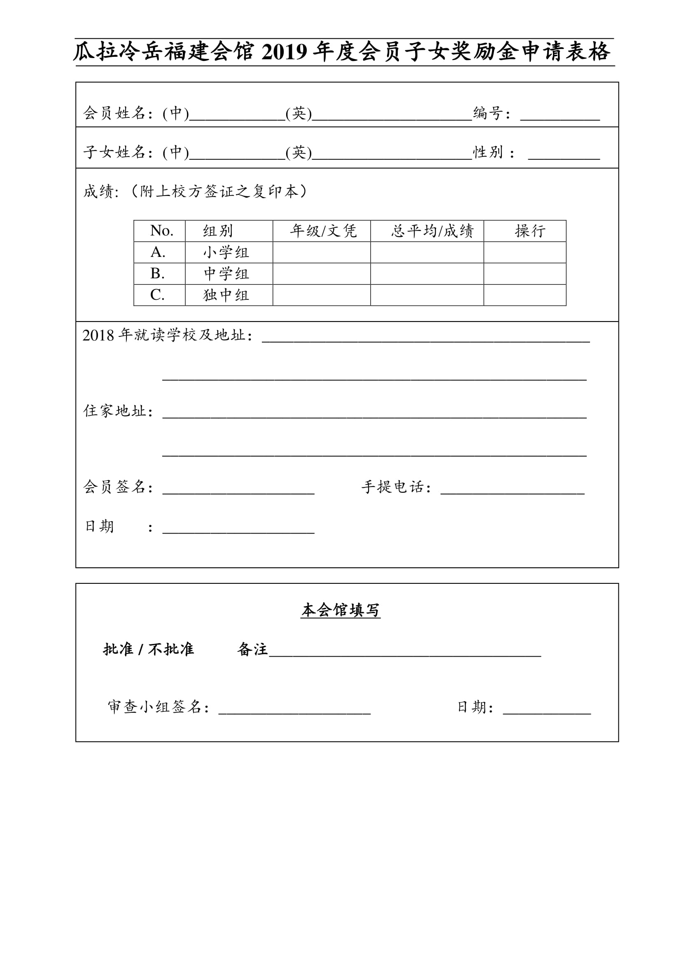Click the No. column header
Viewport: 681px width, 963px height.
tap(161, 231)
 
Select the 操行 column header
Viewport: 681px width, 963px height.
tap(529, 231)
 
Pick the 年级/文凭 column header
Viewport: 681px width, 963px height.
tap(323, 231)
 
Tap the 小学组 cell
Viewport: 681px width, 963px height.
tap(226, 252)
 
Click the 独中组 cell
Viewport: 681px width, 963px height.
tap(226, 295)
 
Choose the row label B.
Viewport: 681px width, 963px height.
tap(157, 274)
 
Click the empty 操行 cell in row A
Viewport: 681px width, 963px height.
tap(525, 252)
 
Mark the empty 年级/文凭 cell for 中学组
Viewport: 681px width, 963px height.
tap(322, 274)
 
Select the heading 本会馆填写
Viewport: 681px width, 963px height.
tap(340, 610)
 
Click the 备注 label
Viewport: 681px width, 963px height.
tap(252, 649)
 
